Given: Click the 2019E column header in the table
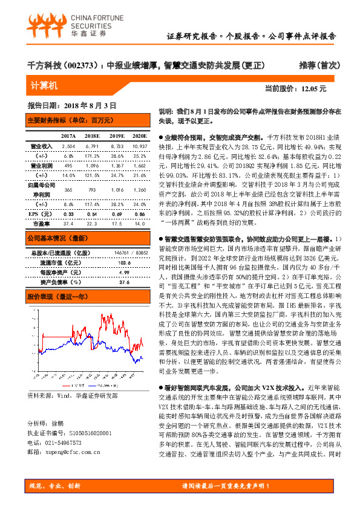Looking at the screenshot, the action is (x=117, y=136).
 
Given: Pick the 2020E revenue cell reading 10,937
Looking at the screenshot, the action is (x=139, y=146).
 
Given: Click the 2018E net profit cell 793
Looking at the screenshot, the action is (x=93, y=189).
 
